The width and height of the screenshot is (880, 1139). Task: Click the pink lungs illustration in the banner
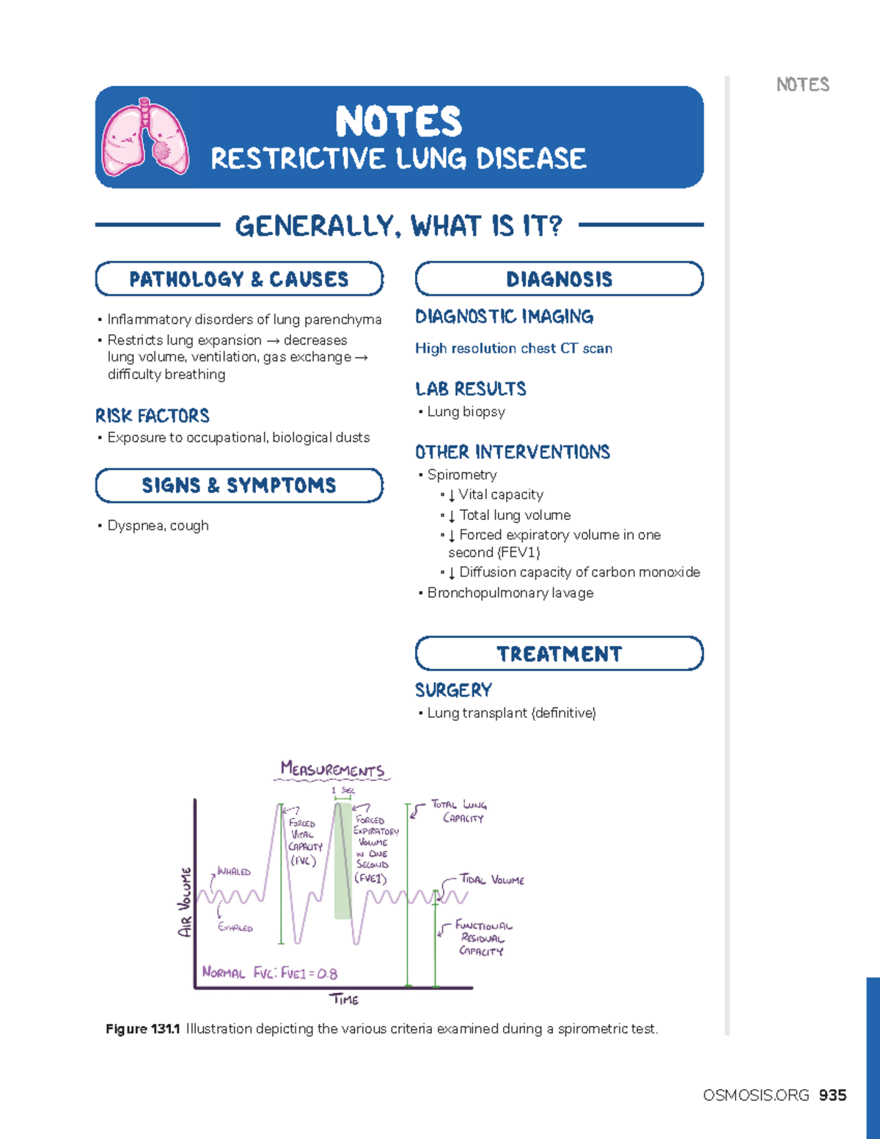tap(144, 137)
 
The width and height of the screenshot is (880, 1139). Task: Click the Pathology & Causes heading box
tap(239, 279)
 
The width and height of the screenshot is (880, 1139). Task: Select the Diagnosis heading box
tap(559, 279)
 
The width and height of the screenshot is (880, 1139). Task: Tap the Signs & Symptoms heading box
tap(239, 486)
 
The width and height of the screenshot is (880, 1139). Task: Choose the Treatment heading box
tap(559, 653)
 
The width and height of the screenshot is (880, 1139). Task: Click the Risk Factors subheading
tap(153, 416)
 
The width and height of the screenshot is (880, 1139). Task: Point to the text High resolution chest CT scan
tap(513, 348)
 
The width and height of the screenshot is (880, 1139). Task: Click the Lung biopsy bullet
tap(466, 411)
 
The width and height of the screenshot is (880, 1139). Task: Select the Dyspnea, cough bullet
tap(158, 525)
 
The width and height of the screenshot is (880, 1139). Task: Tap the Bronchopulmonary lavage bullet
tap(510, 593)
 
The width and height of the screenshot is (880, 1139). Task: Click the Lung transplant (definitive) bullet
tap(511, 713)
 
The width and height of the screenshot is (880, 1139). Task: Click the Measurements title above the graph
tap(332, 769)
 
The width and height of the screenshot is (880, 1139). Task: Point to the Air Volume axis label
tap(186, 902)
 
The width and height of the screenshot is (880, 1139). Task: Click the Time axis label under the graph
tap(344, 1000)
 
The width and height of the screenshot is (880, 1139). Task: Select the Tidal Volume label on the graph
tap(492, 879)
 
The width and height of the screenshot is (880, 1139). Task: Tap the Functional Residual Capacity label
tap(483, 938)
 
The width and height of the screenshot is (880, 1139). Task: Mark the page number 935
tap(832, 1095)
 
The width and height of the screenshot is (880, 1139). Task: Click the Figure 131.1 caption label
tap(143, 1029)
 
